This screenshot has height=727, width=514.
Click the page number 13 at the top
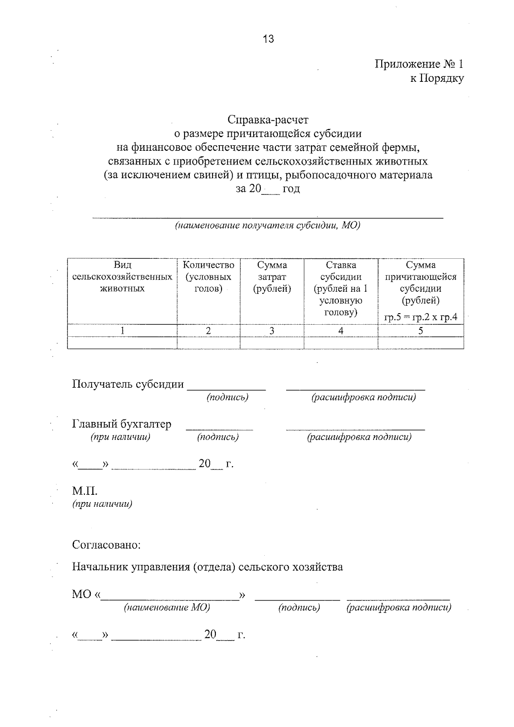[268, 39]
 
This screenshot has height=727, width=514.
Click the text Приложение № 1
[418, 64]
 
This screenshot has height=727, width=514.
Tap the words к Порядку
[437, 78]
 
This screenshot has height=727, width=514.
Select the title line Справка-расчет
[268, 120]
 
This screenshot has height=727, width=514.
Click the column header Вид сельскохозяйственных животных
[123, 277]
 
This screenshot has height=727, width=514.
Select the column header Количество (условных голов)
[209, 277]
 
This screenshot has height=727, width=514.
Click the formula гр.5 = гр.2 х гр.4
[421, 317]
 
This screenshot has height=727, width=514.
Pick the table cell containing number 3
[272, 331]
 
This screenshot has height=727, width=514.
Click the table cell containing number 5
[421, 331]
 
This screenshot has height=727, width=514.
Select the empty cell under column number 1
[123, 343]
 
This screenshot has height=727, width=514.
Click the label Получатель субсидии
[128, 384]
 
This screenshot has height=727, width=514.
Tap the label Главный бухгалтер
[122, 424]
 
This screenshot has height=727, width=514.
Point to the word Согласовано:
[106, 545]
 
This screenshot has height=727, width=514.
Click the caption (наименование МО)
[167, 607]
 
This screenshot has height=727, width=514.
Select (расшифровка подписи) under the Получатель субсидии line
[364, 397]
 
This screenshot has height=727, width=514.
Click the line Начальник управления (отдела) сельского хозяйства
[207, 567]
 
